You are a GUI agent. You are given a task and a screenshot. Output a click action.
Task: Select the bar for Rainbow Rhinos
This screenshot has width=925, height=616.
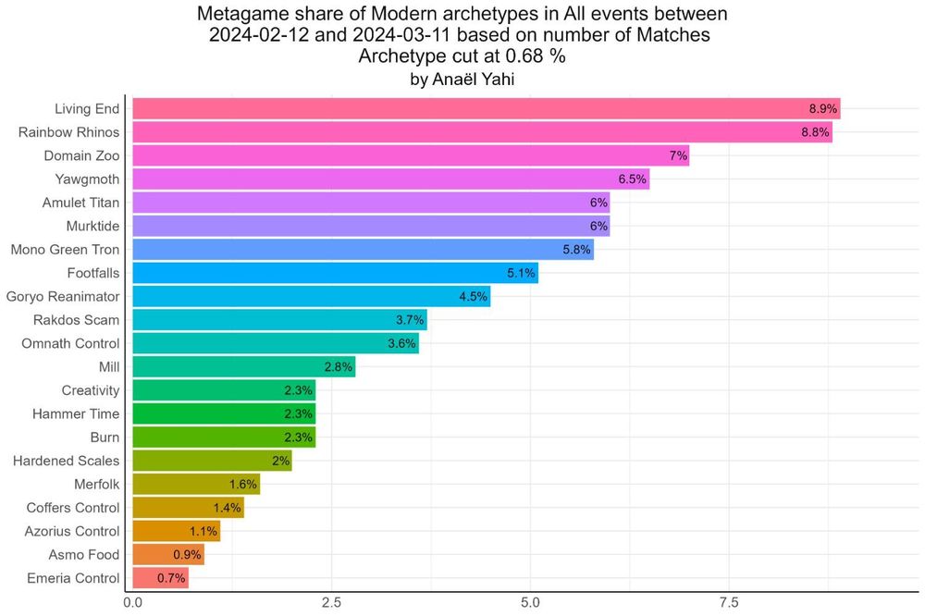click(482, 132)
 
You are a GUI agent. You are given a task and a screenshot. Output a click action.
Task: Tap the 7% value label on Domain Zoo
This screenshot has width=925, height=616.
click(678, 155)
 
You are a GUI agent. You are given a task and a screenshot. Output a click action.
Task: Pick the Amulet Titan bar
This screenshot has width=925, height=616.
click(371, 203)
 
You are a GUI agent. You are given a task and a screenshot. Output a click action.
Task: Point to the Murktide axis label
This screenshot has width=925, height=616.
click(92, 226)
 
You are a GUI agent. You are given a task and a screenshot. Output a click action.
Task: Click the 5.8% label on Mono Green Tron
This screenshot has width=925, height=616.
click(576, 250)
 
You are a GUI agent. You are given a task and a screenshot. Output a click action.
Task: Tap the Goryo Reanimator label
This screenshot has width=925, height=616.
click(63, 296)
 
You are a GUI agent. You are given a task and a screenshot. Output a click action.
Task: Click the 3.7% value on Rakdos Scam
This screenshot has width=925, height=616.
click(409, 320)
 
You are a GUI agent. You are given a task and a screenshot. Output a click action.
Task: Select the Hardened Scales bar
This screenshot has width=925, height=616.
click(212, 461)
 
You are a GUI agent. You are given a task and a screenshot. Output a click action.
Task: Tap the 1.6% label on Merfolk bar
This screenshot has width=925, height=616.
click(242, 485)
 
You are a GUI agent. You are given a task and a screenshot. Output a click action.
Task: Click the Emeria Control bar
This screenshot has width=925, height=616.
click(160, 578)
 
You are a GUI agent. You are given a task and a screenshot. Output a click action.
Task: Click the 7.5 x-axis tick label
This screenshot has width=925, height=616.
click(729, 602)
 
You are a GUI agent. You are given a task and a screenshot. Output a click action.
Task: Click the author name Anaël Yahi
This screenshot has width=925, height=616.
click(462, 80)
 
